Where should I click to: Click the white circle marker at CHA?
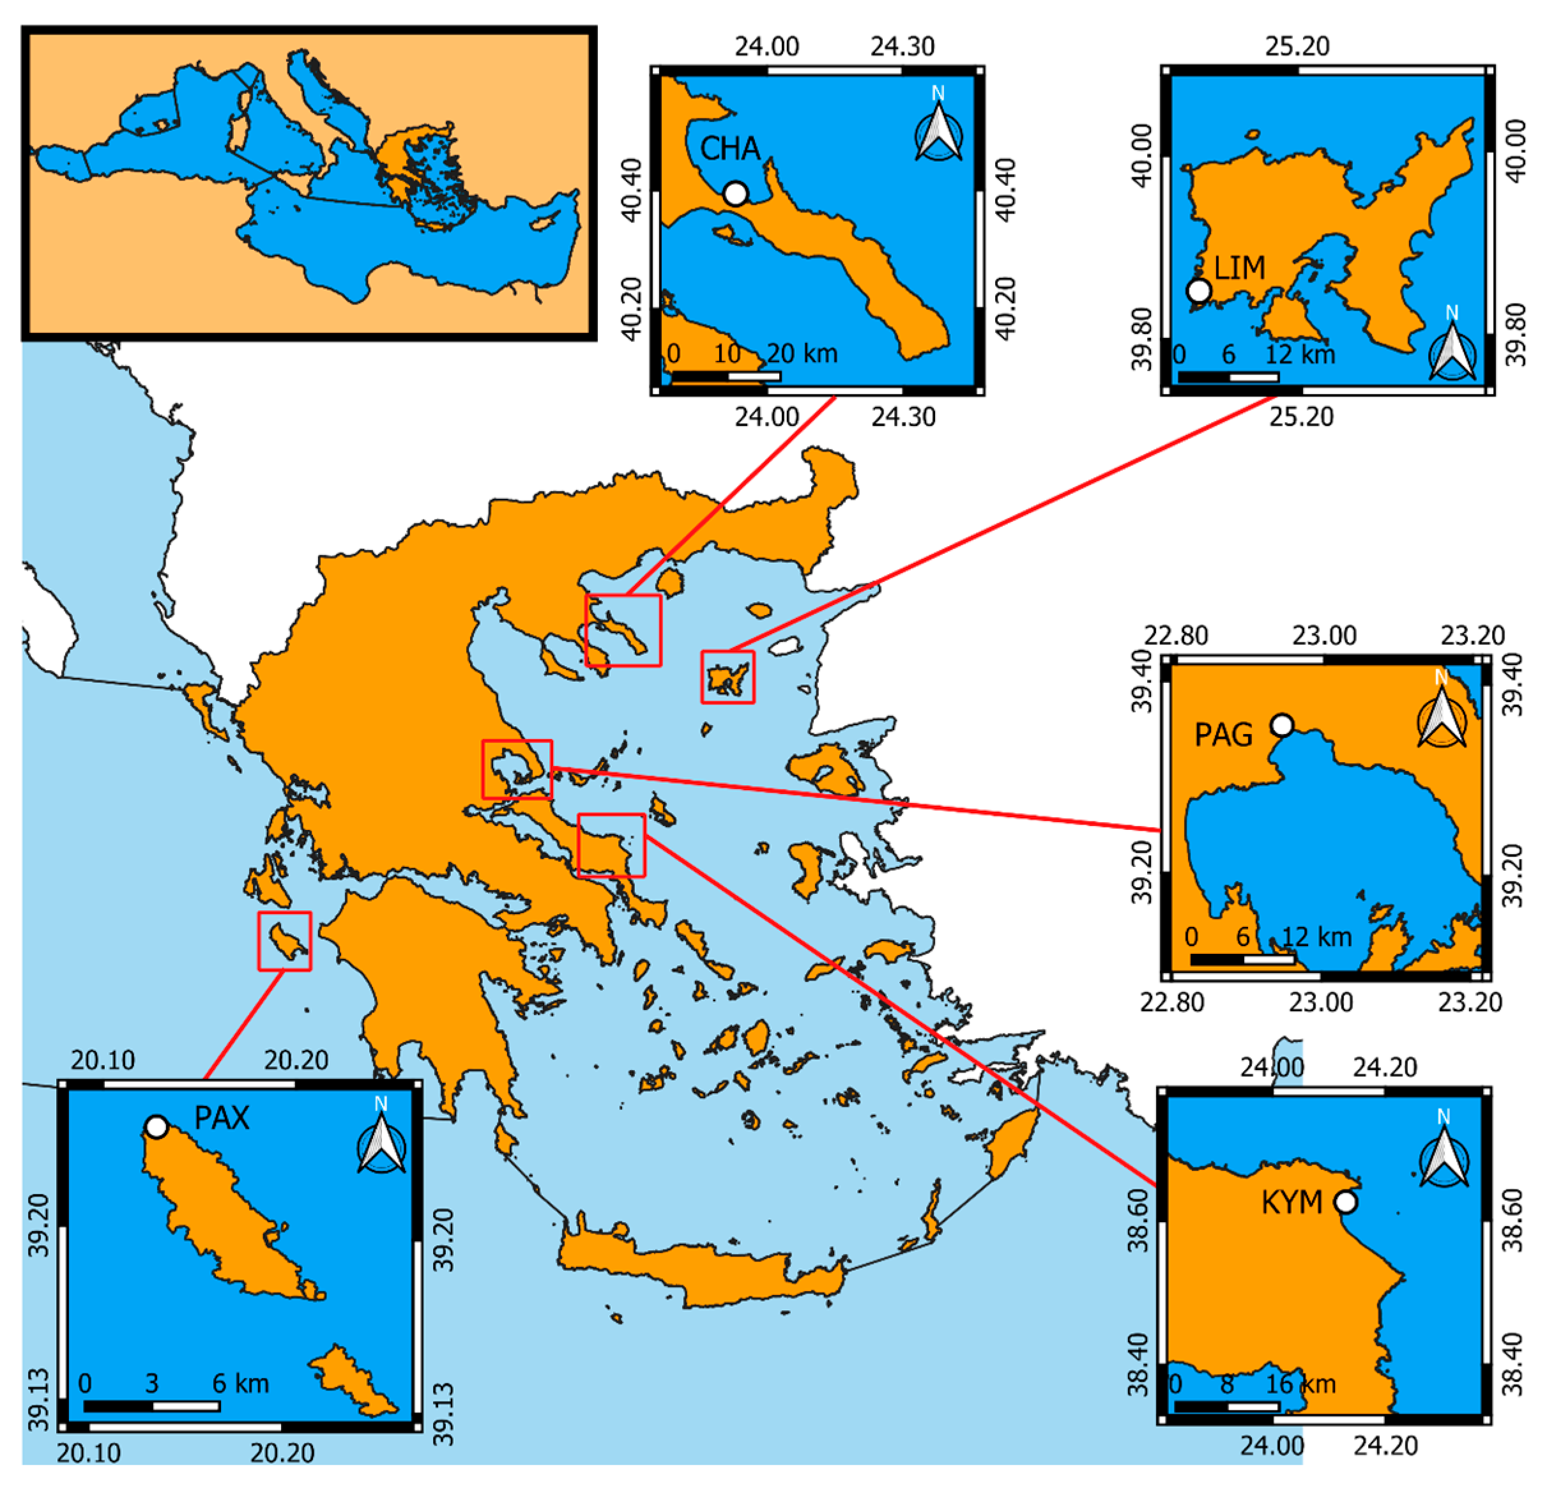tap(735, 194)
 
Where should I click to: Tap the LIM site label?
tap(1239, 268)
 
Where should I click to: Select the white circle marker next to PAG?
tap(1281, 725)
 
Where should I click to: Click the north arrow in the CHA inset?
tap(938, 129)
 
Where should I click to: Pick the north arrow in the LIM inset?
tap(1452, 348)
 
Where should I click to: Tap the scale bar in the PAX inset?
tap(151, 1406)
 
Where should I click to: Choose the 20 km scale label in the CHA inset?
tap(802, 353)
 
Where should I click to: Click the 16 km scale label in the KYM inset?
tap(1300, 1384)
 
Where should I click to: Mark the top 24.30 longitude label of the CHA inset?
tap(902, 46)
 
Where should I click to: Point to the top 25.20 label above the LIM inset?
tap(1297, 46)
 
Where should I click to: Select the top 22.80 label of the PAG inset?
tap(1176, 636)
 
